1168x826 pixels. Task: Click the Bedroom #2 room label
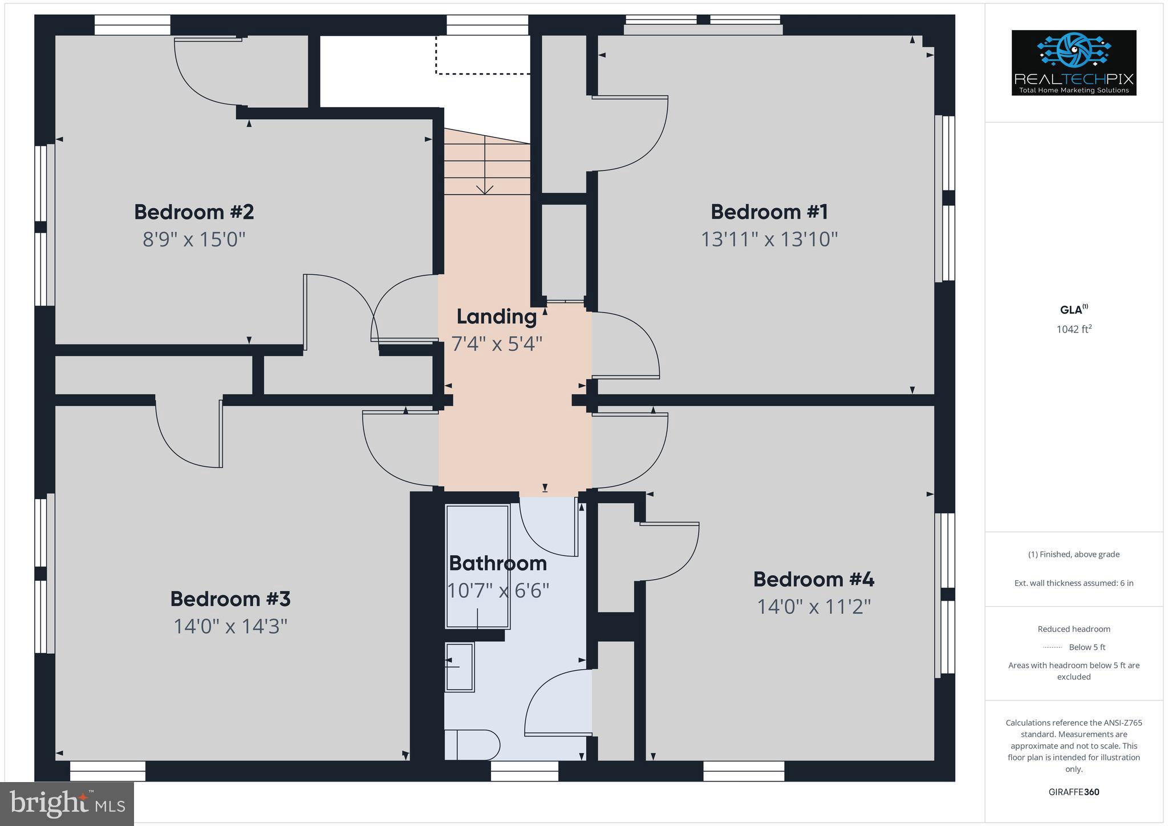click(194, 212)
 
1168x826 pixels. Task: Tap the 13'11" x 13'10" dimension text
click(769, 239)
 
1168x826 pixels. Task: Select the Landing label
click(497, 317)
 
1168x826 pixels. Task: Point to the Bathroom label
click(498, 564)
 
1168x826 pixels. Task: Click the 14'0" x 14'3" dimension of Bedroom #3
click(230, 626)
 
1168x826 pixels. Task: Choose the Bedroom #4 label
click(813, 580)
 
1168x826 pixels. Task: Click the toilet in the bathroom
click(472, 745)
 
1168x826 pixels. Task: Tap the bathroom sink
click(460, 667)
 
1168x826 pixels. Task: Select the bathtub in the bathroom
click(477, 566)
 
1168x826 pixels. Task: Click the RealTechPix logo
click(1073, 63)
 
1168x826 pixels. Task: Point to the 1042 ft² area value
click(1073, 329)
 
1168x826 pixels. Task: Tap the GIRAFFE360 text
click(1073, 792)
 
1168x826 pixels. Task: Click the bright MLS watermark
click(67, 804)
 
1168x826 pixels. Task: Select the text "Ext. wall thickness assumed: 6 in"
click(1073, 583)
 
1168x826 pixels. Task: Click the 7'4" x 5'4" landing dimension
click(497, 344)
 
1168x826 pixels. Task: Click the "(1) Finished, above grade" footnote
click(1073, 554)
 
